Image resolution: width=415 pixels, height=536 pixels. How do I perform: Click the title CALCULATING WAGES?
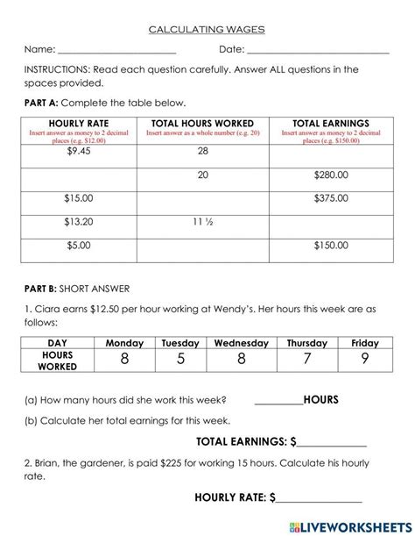207,29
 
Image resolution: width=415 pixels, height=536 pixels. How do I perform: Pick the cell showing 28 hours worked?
203,152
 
